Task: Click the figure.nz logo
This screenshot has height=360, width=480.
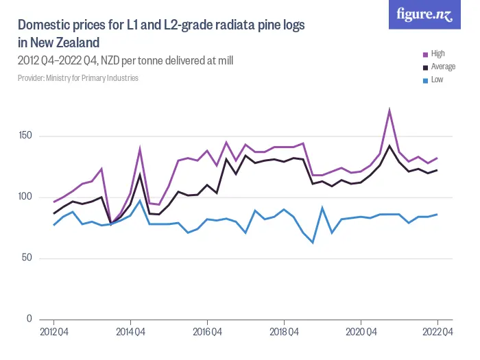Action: (x=425, y=15)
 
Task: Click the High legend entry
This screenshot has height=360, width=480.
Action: (x=437, y=53)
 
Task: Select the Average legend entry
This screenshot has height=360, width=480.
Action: (x=442, y=67)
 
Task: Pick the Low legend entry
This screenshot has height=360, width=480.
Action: (x=437, y=80)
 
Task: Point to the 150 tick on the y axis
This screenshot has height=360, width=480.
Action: (x=26, y=136)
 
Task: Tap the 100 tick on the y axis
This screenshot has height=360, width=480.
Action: (x=26, y=197)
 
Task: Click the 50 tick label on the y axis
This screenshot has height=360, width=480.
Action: (x=27, y=258)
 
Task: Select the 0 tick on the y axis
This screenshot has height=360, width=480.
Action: (x=29, y=319)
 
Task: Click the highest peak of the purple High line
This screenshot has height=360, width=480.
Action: (x=389, y=110)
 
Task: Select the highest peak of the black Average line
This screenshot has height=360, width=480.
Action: (x=389, y=145)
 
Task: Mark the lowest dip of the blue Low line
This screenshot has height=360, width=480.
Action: (x=313, y=242)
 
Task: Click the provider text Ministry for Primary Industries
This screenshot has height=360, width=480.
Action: (x=78, y=78)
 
